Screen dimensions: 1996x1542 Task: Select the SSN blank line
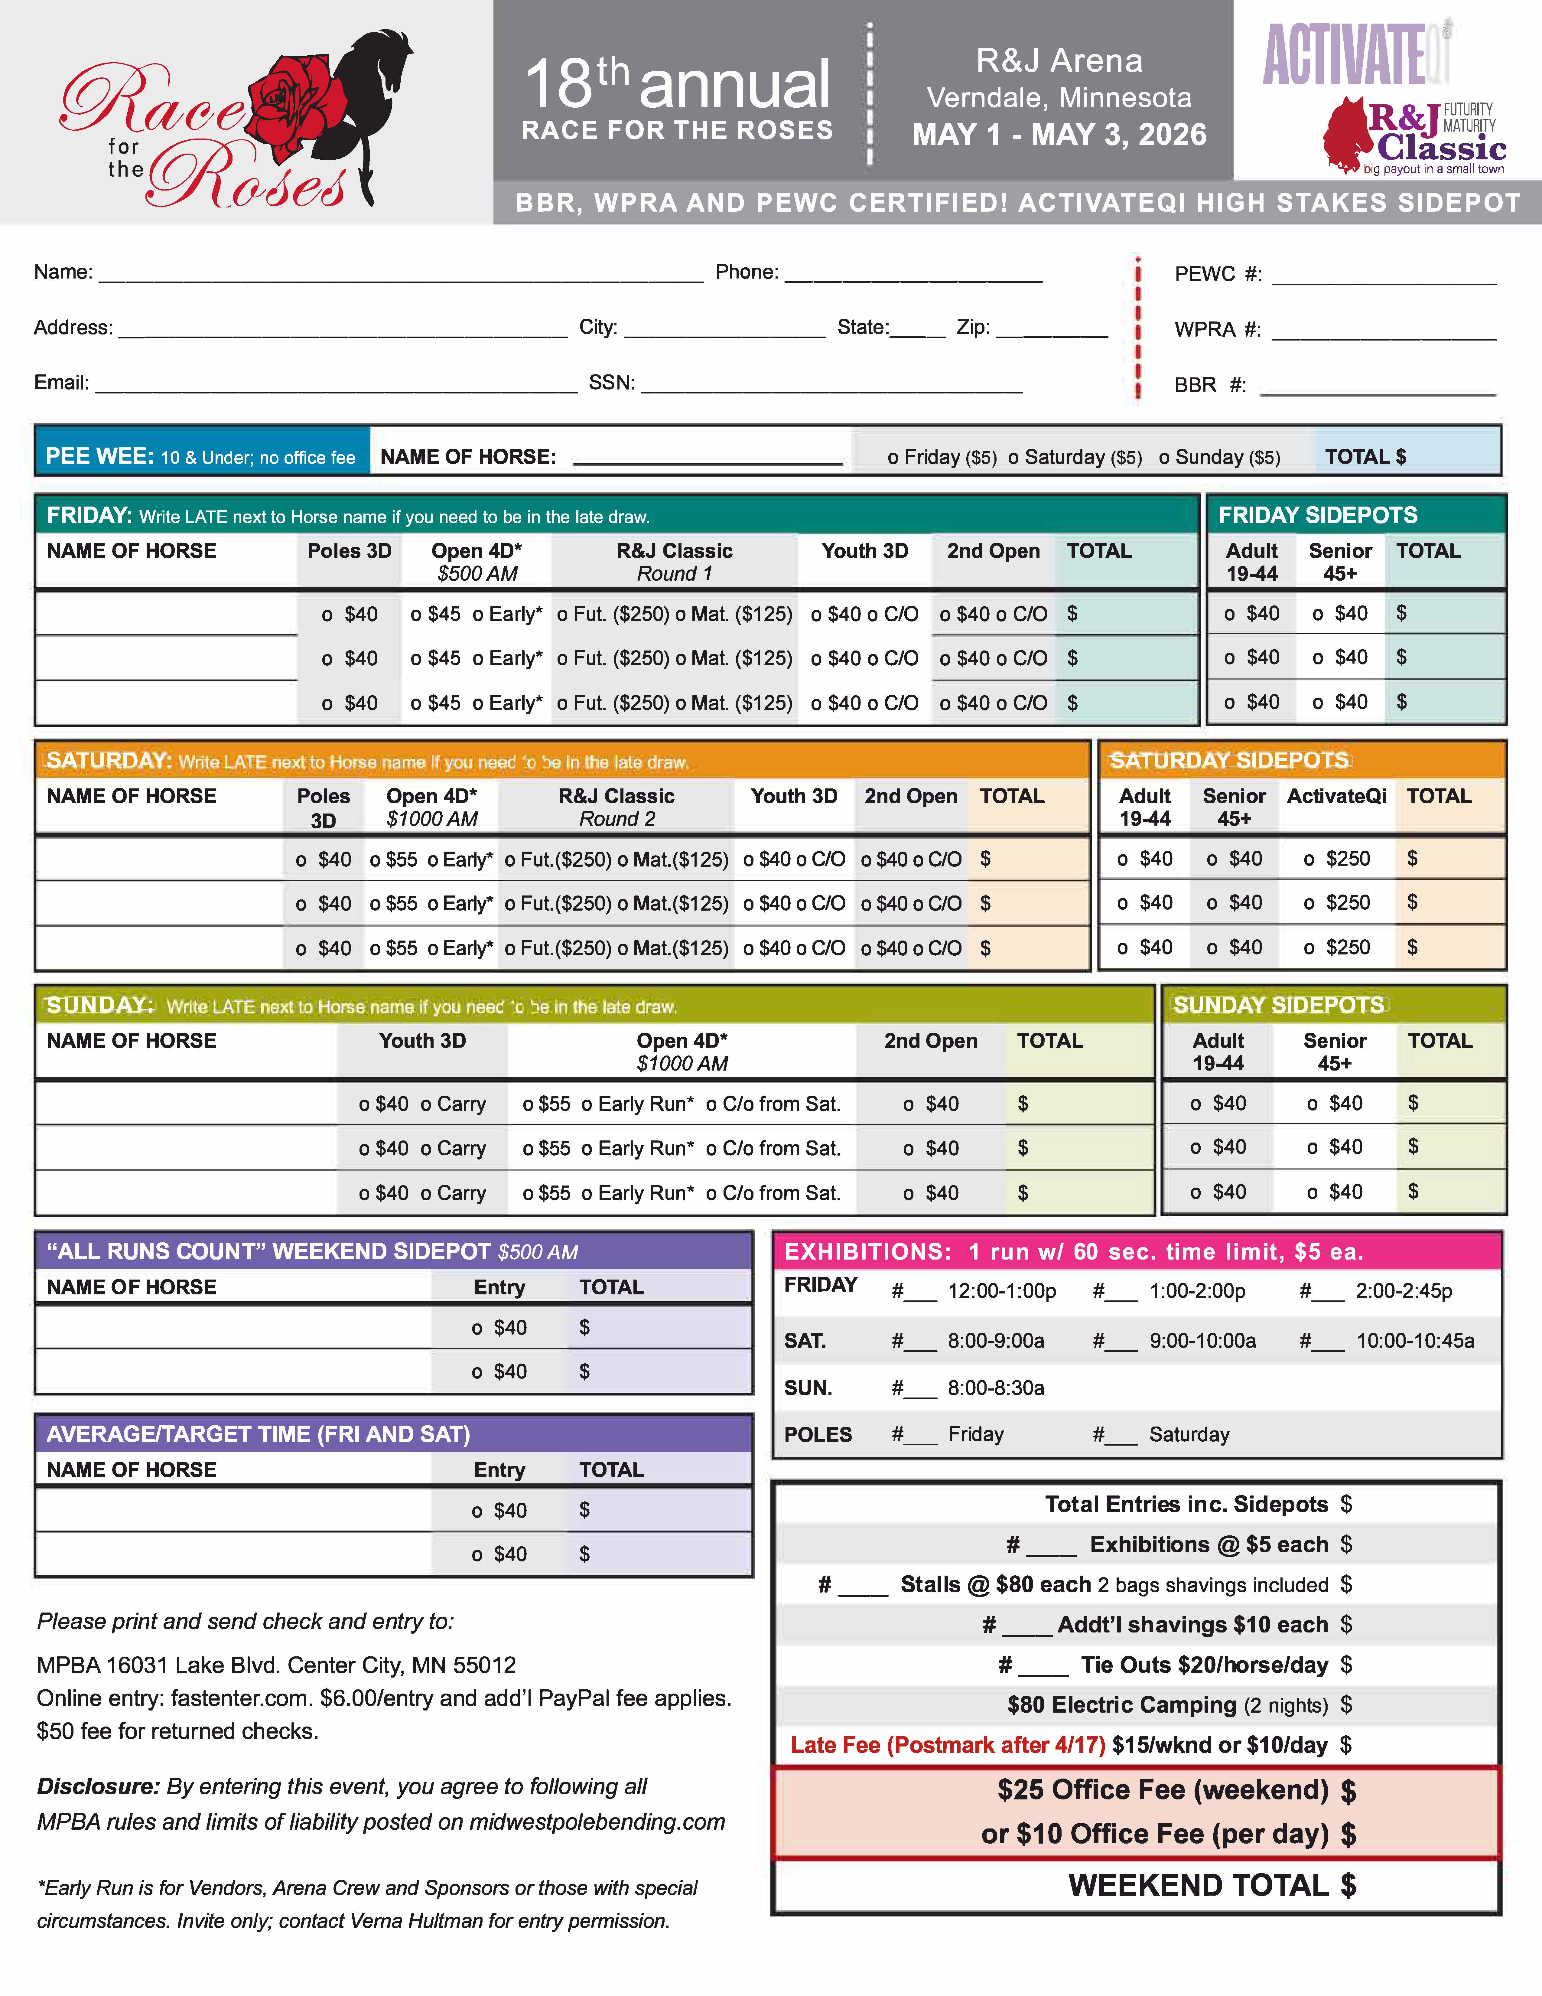[x=831, y=387]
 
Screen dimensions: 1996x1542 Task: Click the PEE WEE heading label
[x=99, y=456]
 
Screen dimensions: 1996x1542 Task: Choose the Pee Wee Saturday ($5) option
[x=1075, y=457]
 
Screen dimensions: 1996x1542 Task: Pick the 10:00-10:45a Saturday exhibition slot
[x=1414, y=1341]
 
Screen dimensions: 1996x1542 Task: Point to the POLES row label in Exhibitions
[x=818, y=1435]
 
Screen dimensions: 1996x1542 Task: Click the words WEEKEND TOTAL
[x=1199, y=1885]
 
